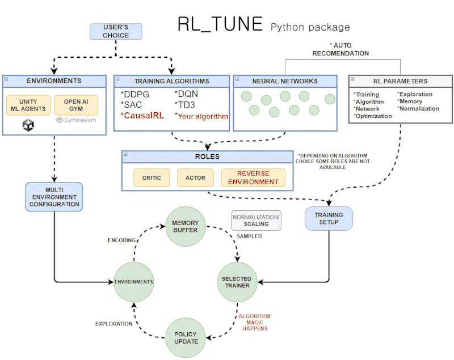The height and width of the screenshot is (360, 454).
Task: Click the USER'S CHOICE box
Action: point(116,31)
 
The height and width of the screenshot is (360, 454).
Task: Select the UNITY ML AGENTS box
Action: point(28,104)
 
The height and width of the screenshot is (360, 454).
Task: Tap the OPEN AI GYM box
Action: point(76,104)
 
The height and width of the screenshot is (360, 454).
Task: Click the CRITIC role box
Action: point(152,177)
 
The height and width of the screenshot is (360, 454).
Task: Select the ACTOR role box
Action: point(195,177)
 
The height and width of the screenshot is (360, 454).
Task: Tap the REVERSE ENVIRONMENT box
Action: point(253,177)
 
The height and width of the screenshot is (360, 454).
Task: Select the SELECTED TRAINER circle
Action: point(236,282)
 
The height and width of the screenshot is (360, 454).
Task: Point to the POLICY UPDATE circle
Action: point(186,337)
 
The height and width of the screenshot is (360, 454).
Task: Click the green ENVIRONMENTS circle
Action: point(134,282)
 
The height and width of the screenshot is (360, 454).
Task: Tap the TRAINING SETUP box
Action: point(329,218)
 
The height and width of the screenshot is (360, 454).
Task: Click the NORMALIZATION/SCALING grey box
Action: point(256,221)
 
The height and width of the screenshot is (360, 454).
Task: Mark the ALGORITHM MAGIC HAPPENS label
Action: point(254,321)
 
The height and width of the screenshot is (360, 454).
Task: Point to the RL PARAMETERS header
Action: point(400,81)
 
